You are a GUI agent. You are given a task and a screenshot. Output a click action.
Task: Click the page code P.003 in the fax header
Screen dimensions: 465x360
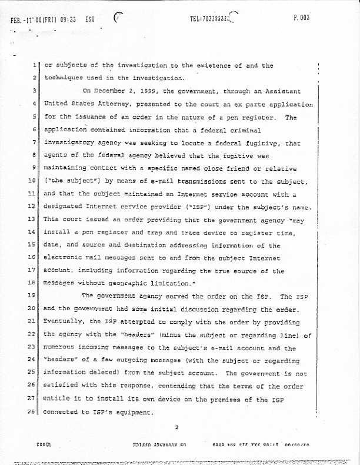(x=301, y=18)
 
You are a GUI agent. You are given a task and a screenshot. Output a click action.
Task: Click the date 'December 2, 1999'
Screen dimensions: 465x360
(x=119, y=91)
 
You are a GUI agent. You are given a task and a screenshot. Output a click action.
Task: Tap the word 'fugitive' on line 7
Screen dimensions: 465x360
(x=251, y=143)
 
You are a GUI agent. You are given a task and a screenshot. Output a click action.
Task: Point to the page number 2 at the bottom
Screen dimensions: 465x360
(x=176, y=428)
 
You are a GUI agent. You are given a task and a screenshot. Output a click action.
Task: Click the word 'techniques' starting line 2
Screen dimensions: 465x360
(x=66, y=78)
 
